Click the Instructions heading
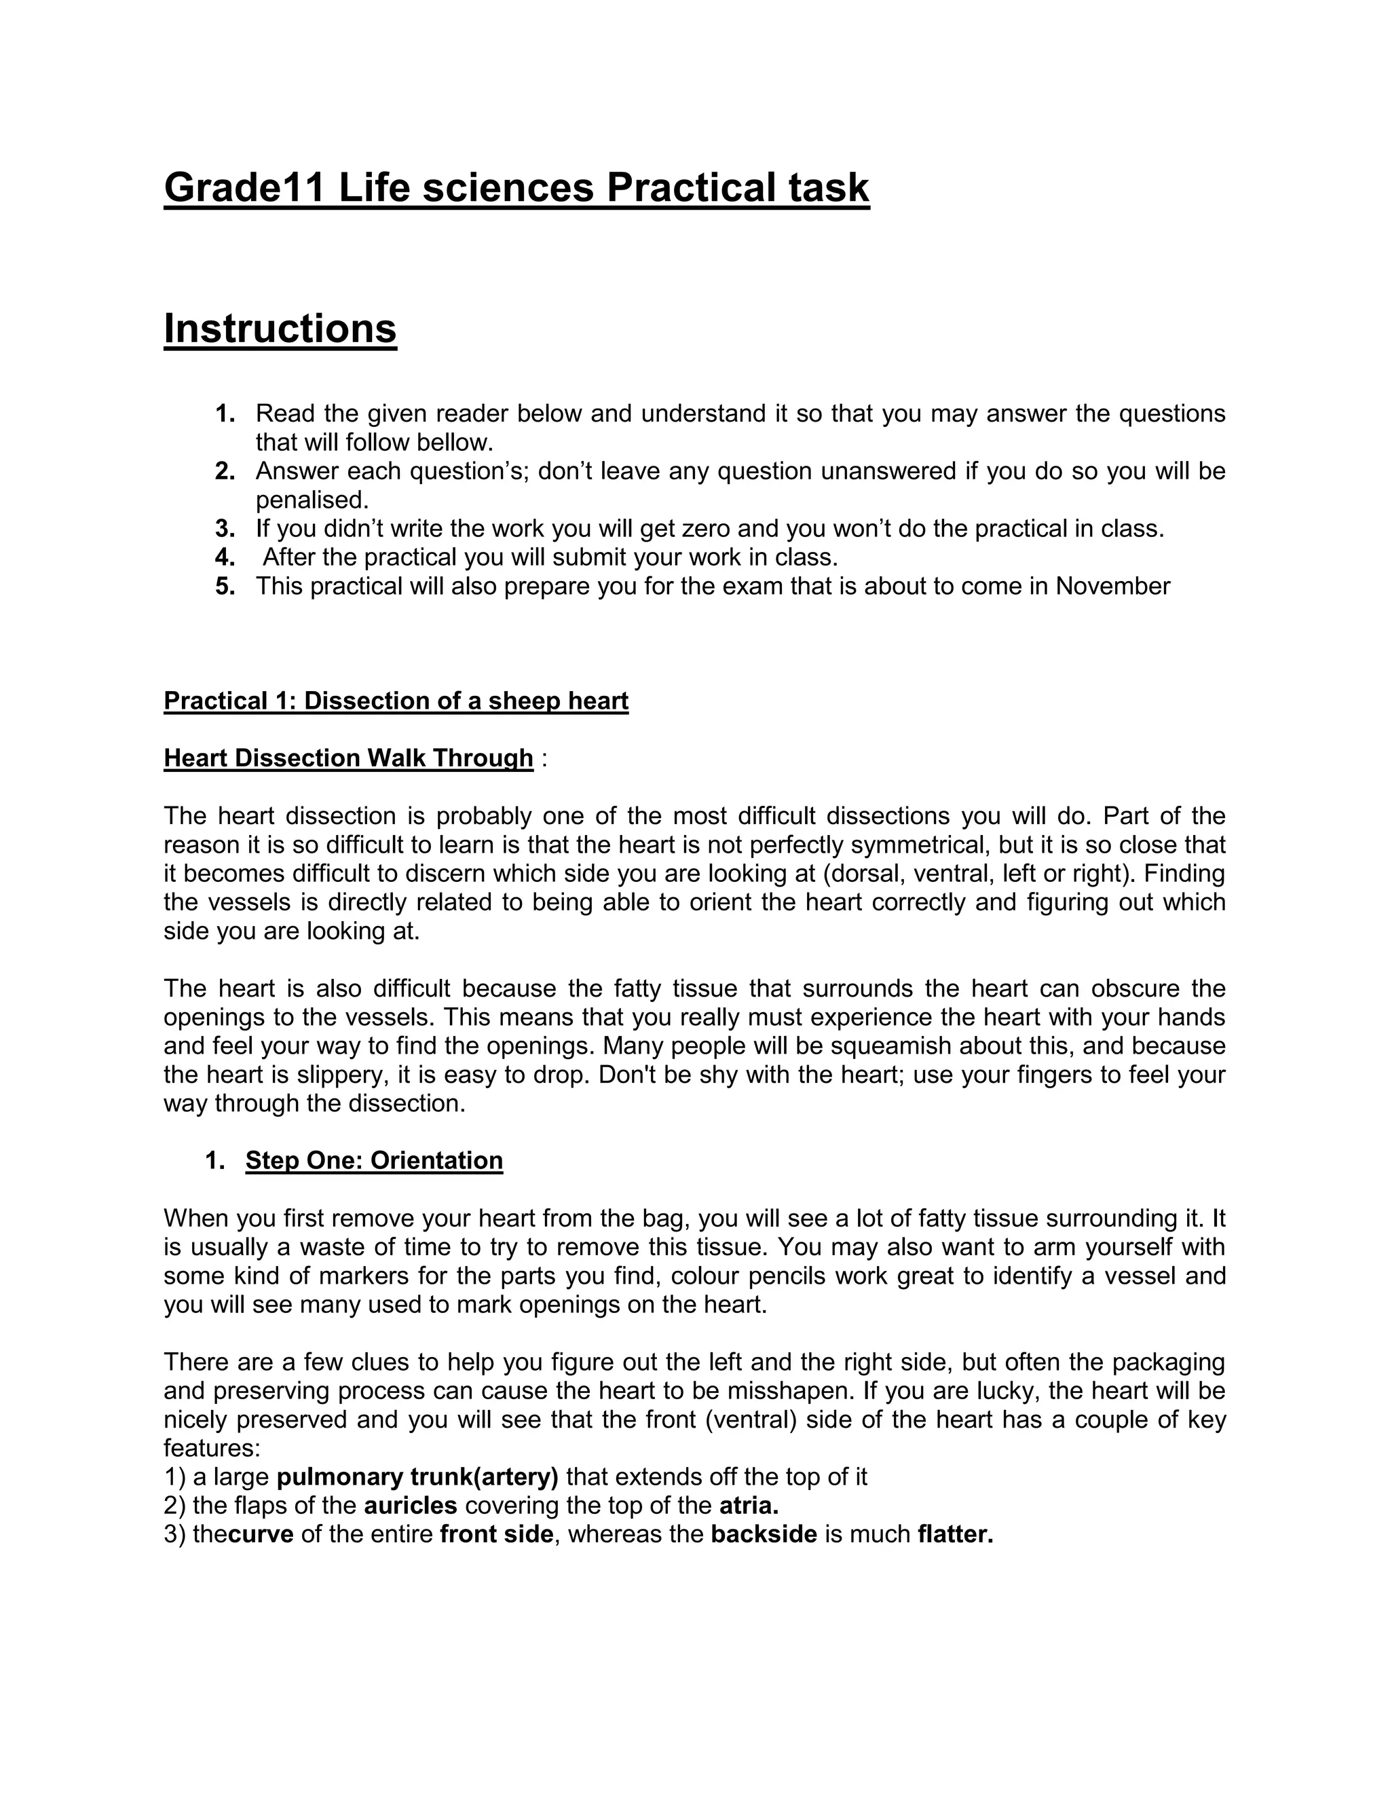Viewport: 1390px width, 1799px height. coord(280,328)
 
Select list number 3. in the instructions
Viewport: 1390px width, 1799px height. coord(225,528)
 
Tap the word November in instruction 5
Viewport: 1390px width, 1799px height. coord(1112,586)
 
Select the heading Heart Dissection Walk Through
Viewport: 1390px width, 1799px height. coord(348,758)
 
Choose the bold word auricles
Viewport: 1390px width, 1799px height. coord(410,1505)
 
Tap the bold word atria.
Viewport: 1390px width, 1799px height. coord(749,1505)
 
